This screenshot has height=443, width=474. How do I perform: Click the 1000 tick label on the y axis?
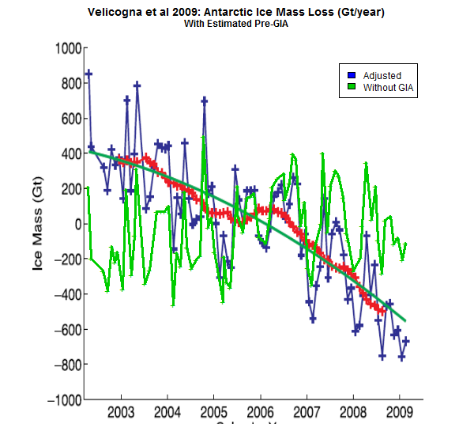[63, 48]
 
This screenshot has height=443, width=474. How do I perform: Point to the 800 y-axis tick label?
[66, 84]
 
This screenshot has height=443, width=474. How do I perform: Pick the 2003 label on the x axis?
[121, 413]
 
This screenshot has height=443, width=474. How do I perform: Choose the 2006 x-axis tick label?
[260, 413]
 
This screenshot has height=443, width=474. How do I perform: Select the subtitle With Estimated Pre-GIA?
[236, 24]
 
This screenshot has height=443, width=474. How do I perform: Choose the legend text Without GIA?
[389, 87]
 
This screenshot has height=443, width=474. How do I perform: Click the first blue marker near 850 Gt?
[88, 74]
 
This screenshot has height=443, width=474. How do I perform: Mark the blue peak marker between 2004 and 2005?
[205, 100]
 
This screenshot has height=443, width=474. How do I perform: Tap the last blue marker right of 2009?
[406, 341]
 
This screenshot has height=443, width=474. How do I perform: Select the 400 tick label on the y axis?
[66, 154]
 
